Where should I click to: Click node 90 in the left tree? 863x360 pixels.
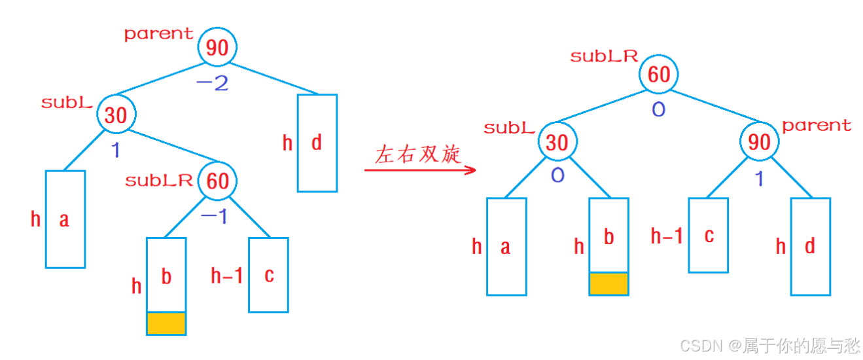[x=217, y=47]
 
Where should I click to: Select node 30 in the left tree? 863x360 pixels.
[x=116, y=115]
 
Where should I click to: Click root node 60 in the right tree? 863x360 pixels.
[x=659, y=74]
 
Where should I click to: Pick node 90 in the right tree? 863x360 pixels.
[x=760, y=141]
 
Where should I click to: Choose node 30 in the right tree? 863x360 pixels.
[x=557, y=141]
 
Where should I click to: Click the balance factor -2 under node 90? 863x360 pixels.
[x=213, y=83]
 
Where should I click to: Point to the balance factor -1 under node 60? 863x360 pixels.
[x=214, y=216]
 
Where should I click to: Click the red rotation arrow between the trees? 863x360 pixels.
[x=419, y=170]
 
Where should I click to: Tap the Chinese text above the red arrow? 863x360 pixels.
[x=418, y=154]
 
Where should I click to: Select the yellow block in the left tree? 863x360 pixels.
[x=166, y=323]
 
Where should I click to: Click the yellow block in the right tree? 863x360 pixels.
[x=608, y=283]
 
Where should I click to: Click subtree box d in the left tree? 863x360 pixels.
[x=317, y=143]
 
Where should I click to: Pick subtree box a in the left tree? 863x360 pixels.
[x=65, y=219]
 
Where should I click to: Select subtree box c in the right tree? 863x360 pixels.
[x=708, y=235]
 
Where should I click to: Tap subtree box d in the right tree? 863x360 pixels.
[x=810, y=246]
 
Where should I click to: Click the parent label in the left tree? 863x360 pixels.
[x=159, y=33]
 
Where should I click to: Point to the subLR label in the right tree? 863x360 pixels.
[x=603, y=56]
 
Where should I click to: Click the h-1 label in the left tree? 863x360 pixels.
[x=226, y=276]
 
